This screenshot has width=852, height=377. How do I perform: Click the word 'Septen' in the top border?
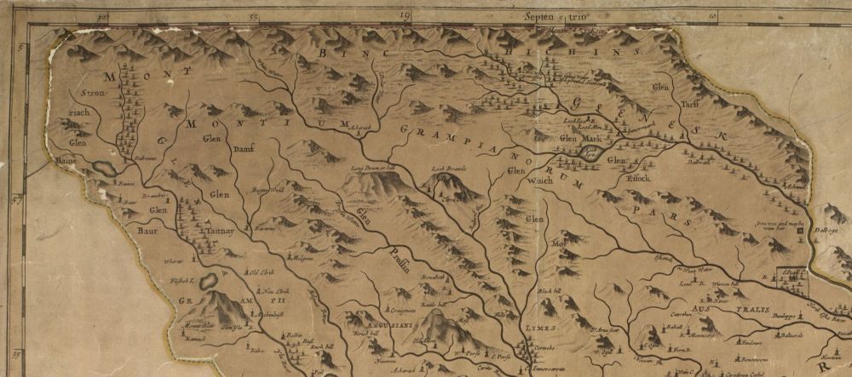click(538, 15)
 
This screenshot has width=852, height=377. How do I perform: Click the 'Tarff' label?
click(689, 106)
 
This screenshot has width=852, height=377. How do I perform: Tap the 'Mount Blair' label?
click(199, 325)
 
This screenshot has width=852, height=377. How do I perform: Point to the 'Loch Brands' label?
click(452, 169)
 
